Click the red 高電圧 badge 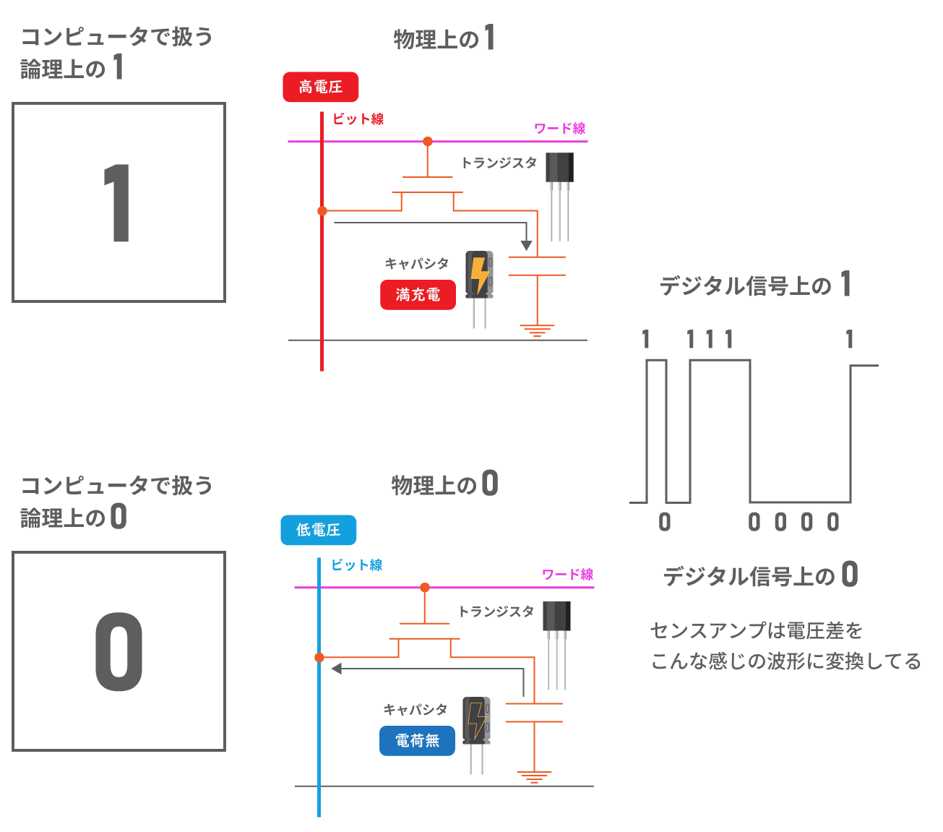[x=320, y=87]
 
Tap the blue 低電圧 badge [x=318, y=530]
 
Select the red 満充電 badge [x=418, y=295]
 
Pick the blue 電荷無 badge [x=417, y=741]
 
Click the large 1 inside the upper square [x=117, y=203]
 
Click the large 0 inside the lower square [x=119, y=651]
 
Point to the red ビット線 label [x=358, y=119]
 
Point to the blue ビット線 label [x=356, y=565]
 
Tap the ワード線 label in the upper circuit [x=559, y=129]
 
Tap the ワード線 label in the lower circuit [x=567, y=575]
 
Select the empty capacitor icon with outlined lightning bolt [x=476, y=734]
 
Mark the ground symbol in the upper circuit [x=537, y=331]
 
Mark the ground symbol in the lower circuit [x=534, y=777]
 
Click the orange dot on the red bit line [x=322, y=211]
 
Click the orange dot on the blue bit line [x=319, y=657]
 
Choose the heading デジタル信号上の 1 [x=755, y=286]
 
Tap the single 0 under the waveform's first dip [x=665, y=522]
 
